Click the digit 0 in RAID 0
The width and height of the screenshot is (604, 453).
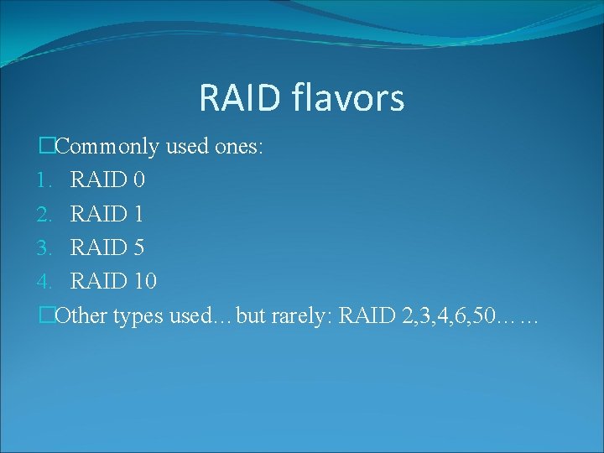click(138, 180)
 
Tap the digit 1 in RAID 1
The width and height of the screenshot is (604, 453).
click(138, 214)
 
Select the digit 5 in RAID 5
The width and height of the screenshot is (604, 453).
click(138, 247)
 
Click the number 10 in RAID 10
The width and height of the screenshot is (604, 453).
click(144, 281)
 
